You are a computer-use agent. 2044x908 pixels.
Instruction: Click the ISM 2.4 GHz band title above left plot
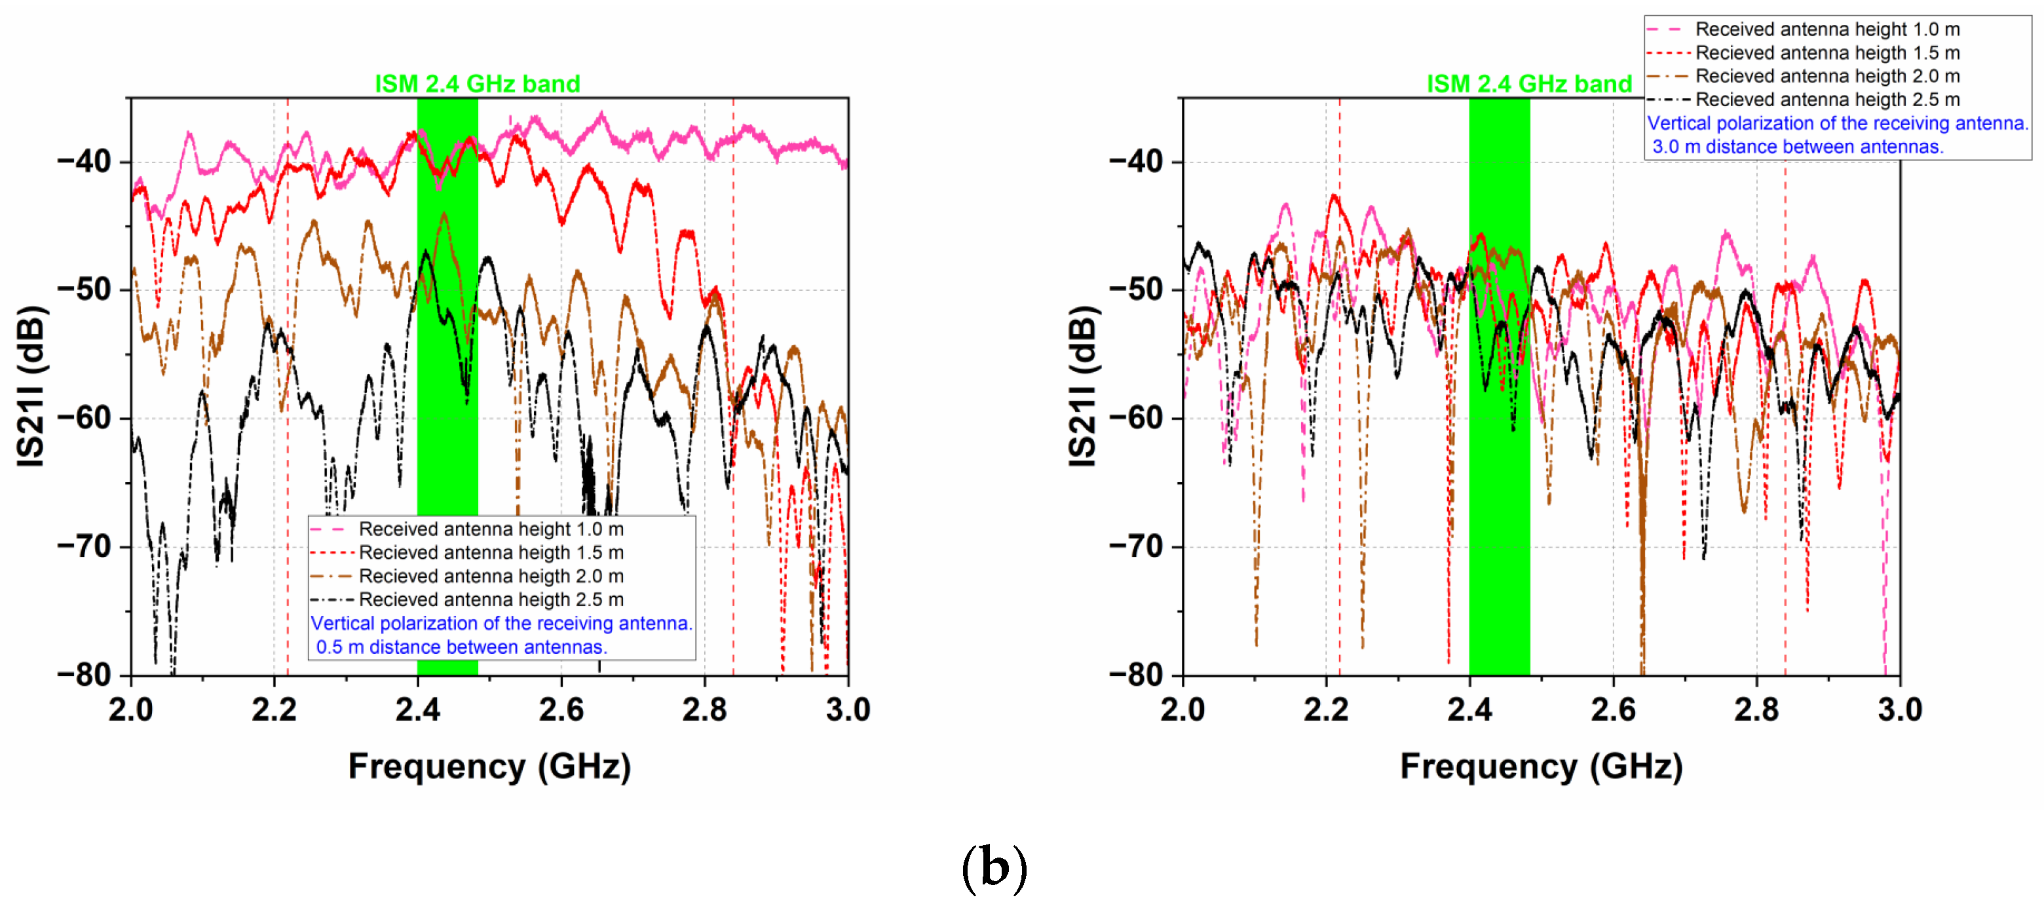coord(477,83)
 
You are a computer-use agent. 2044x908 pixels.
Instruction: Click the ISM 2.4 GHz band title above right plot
coord(1529,83)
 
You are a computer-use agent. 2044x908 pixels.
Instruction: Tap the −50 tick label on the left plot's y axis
coord(84,290)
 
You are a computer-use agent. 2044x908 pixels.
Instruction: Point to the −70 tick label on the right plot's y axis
coord(1136,547)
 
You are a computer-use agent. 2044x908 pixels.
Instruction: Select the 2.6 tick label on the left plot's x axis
coord(561,709)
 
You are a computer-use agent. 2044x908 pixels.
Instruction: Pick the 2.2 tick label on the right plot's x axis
coord(1326,709)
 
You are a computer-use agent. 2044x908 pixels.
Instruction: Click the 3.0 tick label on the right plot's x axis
coord(1900,709)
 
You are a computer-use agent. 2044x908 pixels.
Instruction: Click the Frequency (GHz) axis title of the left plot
coord(489,766)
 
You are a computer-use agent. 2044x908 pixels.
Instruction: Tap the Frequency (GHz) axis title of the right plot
coord(1541,766)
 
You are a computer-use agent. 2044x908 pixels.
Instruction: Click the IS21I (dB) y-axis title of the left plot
coord(31,387)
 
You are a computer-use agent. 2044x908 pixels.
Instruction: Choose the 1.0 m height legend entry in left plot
coord(491,529)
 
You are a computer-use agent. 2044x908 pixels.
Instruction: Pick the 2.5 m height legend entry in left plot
coord(491,599)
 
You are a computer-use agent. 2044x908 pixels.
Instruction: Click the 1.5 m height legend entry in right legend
coord(1826,52)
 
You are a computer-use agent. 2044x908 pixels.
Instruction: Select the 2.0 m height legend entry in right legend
coord(1826,76)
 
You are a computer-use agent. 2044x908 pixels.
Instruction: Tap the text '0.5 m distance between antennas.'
coord(461,647)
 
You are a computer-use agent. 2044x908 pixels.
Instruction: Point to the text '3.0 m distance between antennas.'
coord(1797,147)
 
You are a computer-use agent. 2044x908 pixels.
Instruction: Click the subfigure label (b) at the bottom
coord(994,867)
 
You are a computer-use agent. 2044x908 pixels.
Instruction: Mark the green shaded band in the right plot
coord(1499,476)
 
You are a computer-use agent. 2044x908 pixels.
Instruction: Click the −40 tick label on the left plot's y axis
coord(84,161)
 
